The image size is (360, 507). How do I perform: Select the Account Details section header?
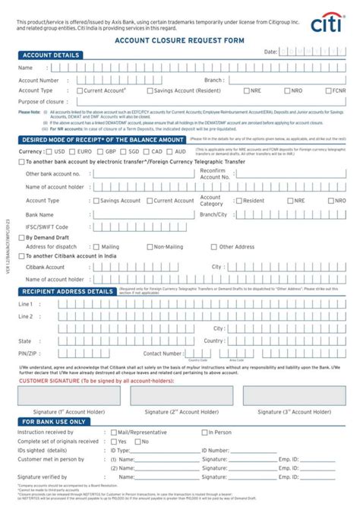(x=51, y=55)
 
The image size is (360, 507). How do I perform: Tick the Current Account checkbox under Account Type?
(x=80, y=90)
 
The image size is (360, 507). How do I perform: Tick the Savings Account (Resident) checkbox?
(x=150, y=90)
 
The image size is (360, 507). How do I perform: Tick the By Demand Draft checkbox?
(x=21, y=237)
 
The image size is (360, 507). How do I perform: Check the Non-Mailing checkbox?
(x=150, y=247)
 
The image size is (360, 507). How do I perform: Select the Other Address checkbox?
(x=215, y=247)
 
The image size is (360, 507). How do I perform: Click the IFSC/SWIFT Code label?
(x=47, y=227)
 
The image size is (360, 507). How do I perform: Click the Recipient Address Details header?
(x=68, y=291)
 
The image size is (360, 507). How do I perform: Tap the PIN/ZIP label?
(x=29, y=353)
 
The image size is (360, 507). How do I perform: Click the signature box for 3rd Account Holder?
(x=295, y=395)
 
